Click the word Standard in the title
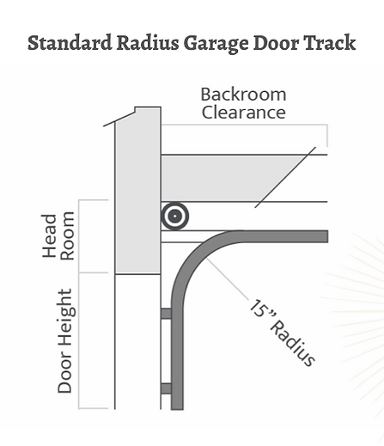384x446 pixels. [x=70, y=43]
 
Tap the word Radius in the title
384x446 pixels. [x=148, y=43]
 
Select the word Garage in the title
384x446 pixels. [x=216, y=44]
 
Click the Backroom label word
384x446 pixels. [x=243, y=95]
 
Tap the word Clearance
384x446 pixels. [x=244, y=112]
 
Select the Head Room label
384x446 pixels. [x=58, y=235]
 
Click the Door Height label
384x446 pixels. [x=65, y=341]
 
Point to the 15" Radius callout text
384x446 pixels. [x=282, y=333]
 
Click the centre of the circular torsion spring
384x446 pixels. [x=175, y=217]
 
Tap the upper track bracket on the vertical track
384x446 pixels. [x=166, y=314]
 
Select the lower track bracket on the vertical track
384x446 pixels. [x=166, y=388]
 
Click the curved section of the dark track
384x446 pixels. [x=194, y=255]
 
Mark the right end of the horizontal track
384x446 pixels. [x=327, y=236]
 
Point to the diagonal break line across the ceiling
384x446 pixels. [x=285, y=177]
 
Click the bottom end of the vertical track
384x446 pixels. [x=177, y=409]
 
